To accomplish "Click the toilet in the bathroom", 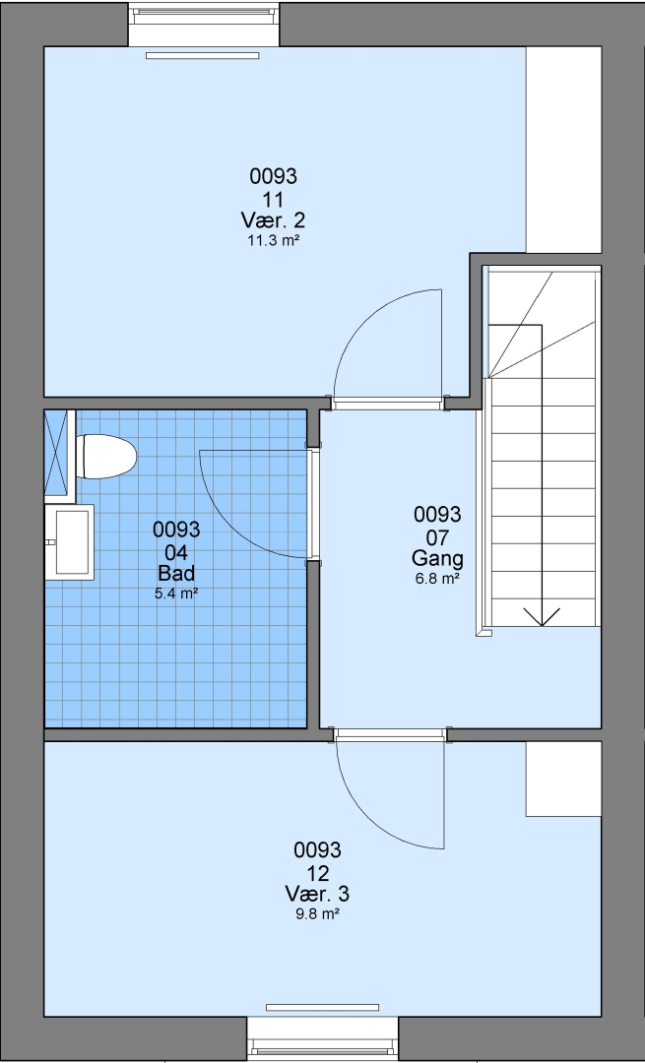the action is (x=106, y=457).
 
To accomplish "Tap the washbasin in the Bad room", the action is (x=69, y=541).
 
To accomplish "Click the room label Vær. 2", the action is (x=273, y=219).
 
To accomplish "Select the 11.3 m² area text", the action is (x=273, y=240).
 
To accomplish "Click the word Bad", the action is (x=176, y=573).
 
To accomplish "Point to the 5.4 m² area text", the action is (x=176, y=594).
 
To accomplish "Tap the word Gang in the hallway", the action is (x=437, y=559).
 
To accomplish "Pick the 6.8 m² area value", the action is (x=437, y=579).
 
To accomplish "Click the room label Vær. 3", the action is (x=317, y=893).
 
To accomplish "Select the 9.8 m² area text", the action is (x=317, y=913).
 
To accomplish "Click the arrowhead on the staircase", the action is (x=542, y=617).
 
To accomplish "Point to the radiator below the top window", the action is (x=203, y=55).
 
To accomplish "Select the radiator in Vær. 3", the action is (x=322, y=1008).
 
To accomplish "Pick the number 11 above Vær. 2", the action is (x=273, y=199).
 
